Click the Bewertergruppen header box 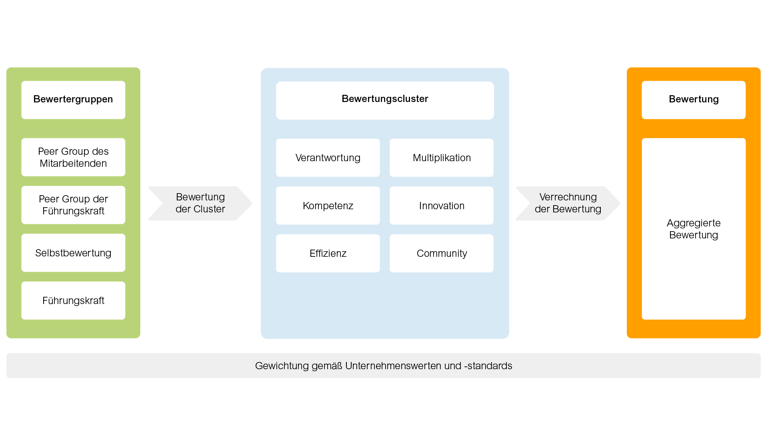click(73, 100)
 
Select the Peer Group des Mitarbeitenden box click(73, 157)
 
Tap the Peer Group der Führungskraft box click(73, 205)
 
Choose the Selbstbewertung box click(73, 253)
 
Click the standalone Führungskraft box click(73, 300)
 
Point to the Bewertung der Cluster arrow click(200, 203)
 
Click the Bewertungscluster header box click(385, 100)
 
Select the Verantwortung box click(328, 158)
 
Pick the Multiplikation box click(442, 158)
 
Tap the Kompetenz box click(328, 206)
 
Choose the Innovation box click(442, 206)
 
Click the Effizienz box click(328, 253)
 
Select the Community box click(442, 253)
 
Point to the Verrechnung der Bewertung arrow click(568, 203)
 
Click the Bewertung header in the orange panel click(694, 100)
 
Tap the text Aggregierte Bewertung click(694, 229)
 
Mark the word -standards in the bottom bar click(488, 366)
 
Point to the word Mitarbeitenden click(73, 163)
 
